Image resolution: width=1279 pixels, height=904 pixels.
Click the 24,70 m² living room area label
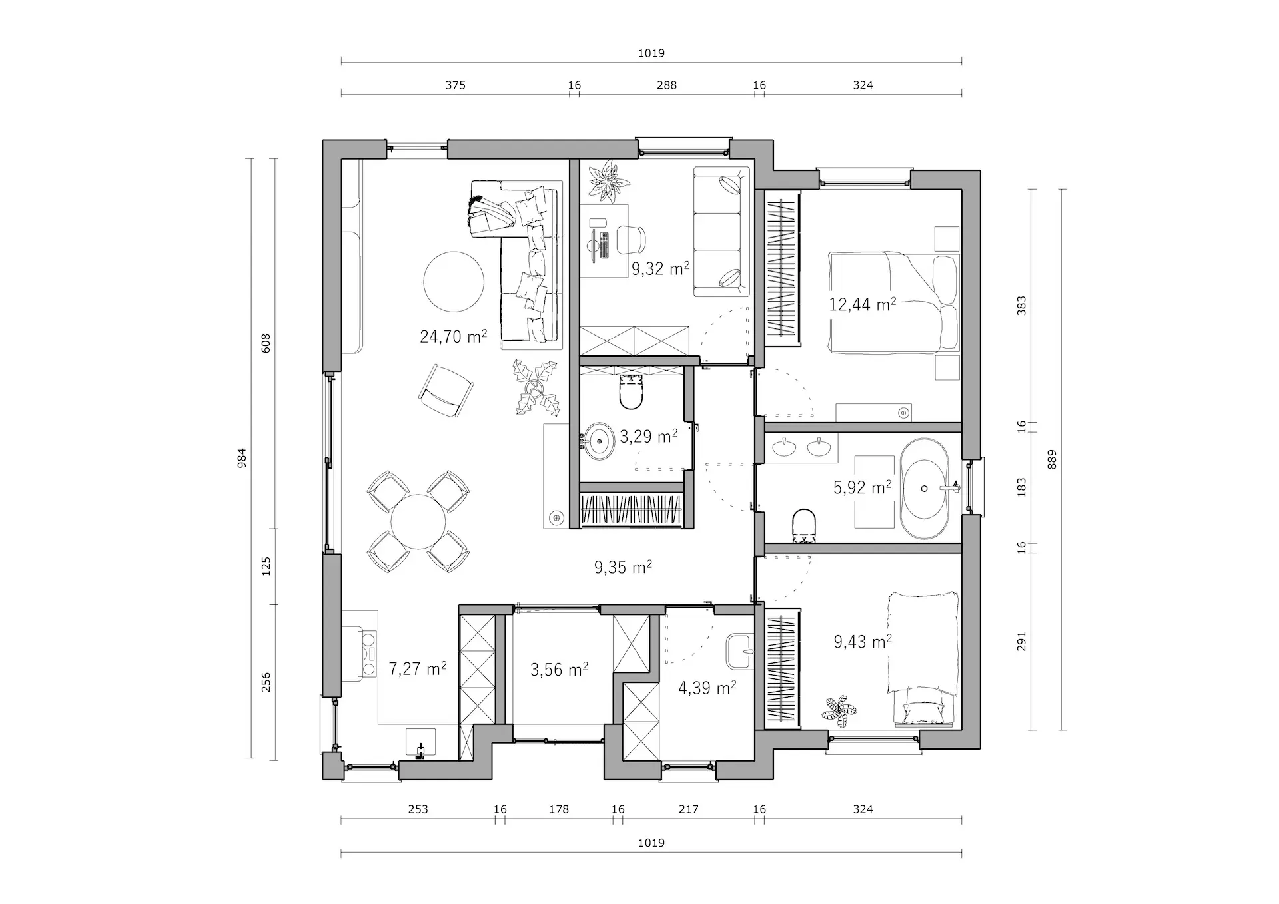[453, 336]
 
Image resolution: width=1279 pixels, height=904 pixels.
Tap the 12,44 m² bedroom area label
[862, 304]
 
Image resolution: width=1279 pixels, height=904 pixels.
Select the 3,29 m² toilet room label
[648, 436]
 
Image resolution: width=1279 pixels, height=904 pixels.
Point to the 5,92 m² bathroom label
[862, 487]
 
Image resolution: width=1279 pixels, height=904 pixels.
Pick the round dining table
[418, 521]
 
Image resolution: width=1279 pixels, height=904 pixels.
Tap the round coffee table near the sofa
[454, 281]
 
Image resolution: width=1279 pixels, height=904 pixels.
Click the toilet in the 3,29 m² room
[630, 392]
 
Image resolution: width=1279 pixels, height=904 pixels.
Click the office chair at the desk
[632, 240]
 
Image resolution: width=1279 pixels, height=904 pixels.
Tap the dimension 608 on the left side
[266, 343]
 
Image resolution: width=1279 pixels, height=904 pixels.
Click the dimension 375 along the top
[455, 85]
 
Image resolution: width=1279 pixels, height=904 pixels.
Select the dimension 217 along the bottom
[688, 809]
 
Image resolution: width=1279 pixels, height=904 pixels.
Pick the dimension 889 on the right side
[1052, 459]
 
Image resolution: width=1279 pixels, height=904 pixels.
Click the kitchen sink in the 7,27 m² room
[420, 743]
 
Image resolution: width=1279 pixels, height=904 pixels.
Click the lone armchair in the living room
[445, 391]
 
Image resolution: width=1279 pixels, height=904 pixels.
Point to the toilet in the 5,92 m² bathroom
[805, 526]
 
